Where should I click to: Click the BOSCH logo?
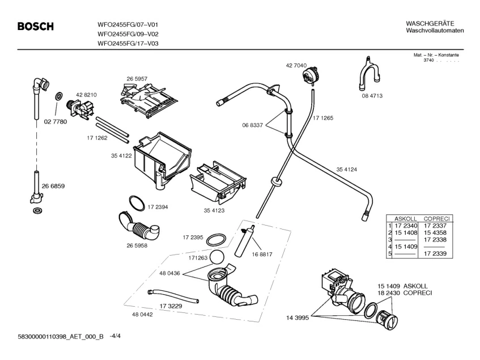click(x=35, y=26)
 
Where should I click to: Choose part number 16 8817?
click(x=262, y=255)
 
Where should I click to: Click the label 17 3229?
click(x=171, y=306)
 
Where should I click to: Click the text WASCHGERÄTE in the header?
click(x=430, y=23)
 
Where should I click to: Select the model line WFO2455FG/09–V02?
click(x=127, y=33)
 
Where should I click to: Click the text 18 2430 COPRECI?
click(x=405, y=293)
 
